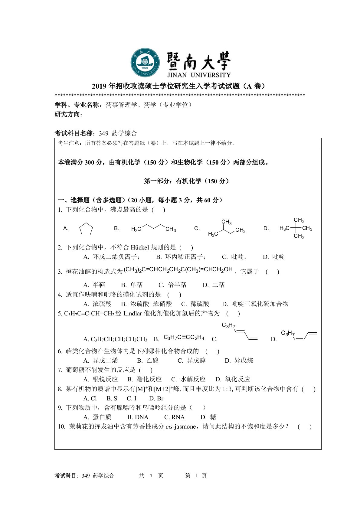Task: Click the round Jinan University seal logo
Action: (x=145, y=62)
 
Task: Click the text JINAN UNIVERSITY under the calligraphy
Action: (x=198, y=75)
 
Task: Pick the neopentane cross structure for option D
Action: (x=296, y=228)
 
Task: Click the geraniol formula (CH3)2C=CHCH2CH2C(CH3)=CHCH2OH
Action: (x=178, y=269)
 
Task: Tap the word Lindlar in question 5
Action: (x=133, y=313)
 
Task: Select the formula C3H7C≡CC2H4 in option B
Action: (x=184, y=338)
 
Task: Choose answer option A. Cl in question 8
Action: (x=90, y=398)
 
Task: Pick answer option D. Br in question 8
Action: (x=156, y=398)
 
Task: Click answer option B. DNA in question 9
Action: (x=138, y=417)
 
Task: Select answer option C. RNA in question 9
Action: (x=174, y=417)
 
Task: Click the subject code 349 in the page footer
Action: (x=86, y=476)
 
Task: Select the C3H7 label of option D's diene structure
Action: (x=287, y=333)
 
